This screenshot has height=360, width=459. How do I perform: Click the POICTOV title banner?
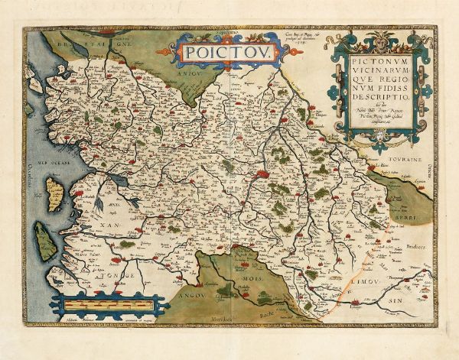pos(212,54)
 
